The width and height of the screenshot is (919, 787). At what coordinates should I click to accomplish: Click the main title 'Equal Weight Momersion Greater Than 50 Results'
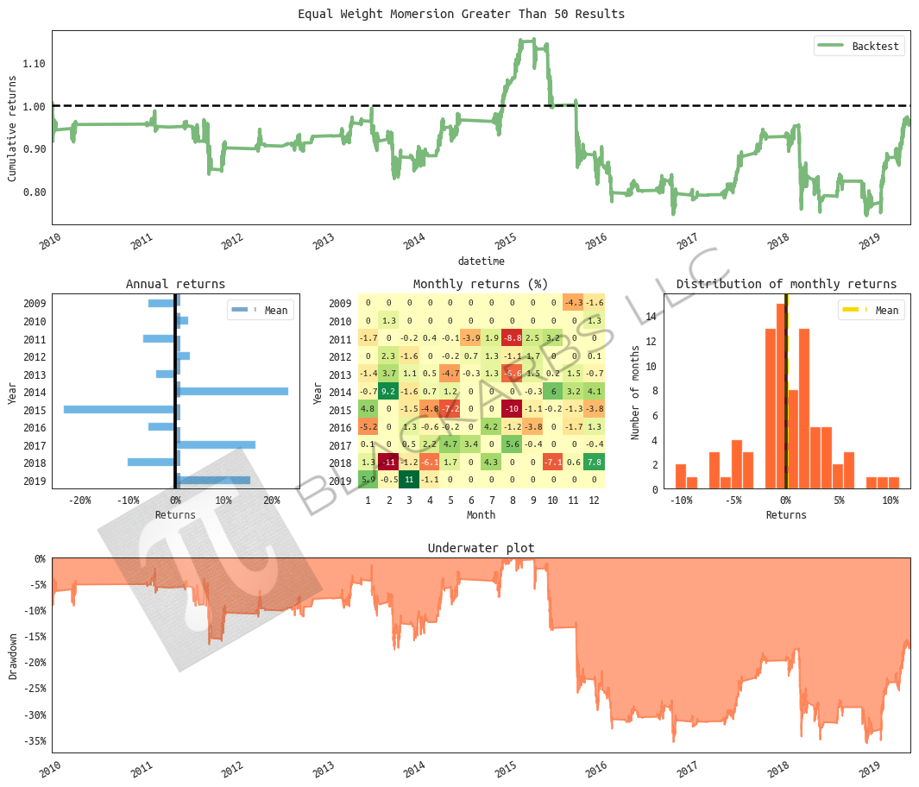coord(461,14)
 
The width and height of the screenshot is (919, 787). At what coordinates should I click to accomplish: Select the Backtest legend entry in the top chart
coord(859,47)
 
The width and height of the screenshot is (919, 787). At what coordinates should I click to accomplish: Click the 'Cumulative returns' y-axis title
coord(12,127)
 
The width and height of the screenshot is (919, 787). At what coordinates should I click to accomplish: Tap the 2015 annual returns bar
coord(120,409)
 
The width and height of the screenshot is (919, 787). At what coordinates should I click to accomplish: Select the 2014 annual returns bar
coord(232,391)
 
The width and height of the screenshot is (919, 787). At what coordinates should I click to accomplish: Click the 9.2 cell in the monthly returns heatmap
coord(388,391)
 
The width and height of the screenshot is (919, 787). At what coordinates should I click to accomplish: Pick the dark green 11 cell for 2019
coord(409,480)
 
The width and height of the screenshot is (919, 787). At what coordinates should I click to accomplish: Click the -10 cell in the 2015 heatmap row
coord(512,409)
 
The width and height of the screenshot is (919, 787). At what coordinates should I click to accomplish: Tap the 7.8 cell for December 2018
coord(595,462)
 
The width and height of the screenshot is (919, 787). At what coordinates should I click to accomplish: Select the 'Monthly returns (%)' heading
coord(481,284)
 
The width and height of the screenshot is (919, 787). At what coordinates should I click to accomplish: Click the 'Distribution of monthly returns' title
coord(786,284)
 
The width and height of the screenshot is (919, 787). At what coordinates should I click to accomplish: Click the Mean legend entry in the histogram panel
coord(872,311)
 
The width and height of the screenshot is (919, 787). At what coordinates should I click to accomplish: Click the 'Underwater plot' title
coord(481,548)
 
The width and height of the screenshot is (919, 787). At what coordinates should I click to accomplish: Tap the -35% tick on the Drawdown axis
coord(34,740)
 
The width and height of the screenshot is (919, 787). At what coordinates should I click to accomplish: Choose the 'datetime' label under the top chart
coord(481,261)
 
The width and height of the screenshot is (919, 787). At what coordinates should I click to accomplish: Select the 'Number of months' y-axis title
coord(635,391)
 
